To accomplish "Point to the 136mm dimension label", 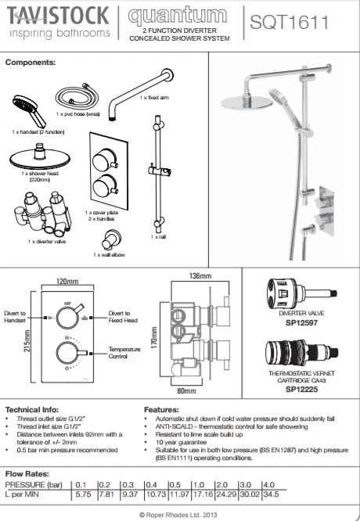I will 200,275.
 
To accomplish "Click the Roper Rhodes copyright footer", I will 179,514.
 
